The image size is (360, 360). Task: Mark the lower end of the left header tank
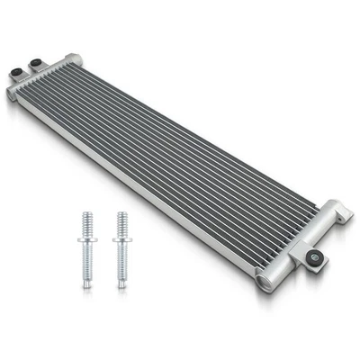click(13, 94)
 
